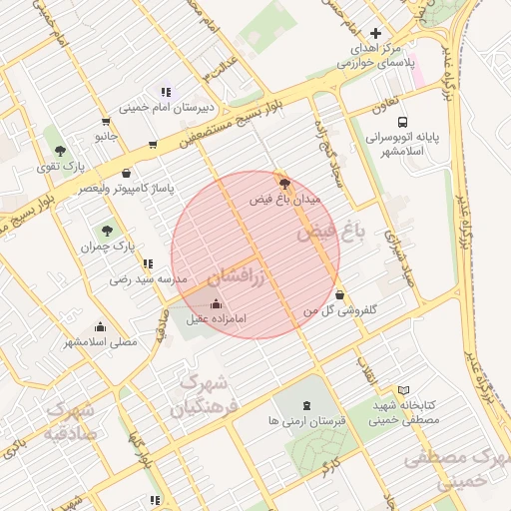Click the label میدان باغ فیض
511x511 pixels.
click(x=285, y=200)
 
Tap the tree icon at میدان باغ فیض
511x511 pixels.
click(x=286, y=184)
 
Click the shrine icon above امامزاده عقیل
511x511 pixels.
click(x=218, y=304)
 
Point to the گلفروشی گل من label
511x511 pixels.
click(x=341, y=310)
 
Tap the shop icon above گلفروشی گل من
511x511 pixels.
click(x=342, y=295)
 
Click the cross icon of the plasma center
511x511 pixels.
click(x=375, y=33)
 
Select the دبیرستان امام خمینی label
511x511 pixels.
click(x=166, y=108)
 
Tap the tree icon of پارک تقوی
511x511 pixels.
click(x=62, y=150)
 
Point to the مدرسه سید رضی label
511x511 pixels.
click(x=148, y=280)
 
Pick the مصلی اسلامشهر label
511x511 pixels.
click(x=101, y=341)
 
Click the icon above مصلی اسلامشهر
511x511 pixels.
click(x=100, y=326)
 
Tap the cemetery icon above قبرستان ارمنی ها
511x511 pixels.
click(x=305, y=406)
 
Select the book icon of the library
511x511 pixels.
click(x=403, y=390)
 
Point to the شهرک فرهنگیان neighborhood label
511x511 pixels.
click(x=199, y=394)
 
